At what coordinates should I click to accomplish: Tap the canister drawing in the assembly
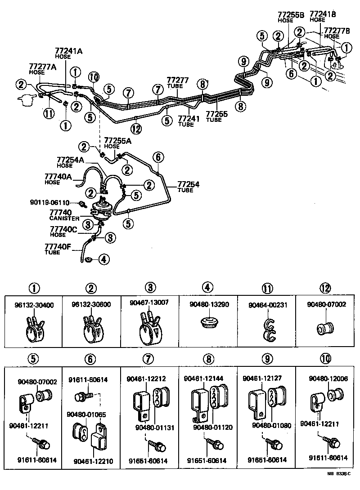pos(102,209)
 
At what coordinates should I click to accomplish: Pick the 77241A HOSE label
pos(68,53)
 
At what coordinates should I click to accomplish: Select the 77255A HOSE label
pos(118,143)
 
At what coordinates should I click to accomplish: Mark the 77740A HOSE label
pos(58,178)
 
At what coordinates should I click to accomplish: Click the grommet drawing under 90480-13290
pos(207,322)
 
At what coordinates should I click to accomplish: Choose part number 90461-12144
pos(203,379)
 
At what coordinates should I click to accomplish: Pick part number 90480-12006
pos(328,379)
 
